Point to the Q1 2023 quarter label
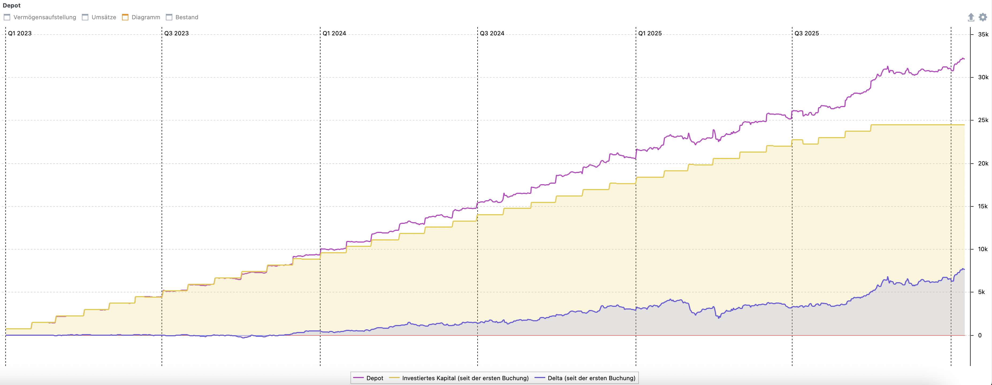click(x=20, y=33)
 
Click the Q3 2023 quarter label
click(x=176, y=33)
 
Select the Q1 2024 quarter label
click(x=334, y=33)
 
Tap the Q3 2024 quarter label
click(x=492, y=33)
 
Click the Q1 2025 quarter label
click(x=650, y=33)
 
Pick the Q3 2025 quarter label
click(x=806, y=33)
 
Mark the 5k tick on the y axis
click(x=982, y=292)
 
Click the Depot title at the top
click(x=12, y=5)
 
